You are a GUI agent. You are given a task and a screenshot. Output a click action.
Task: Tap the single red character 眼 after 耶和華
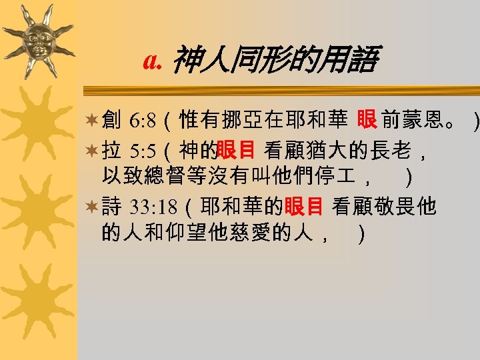(366, 120)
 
